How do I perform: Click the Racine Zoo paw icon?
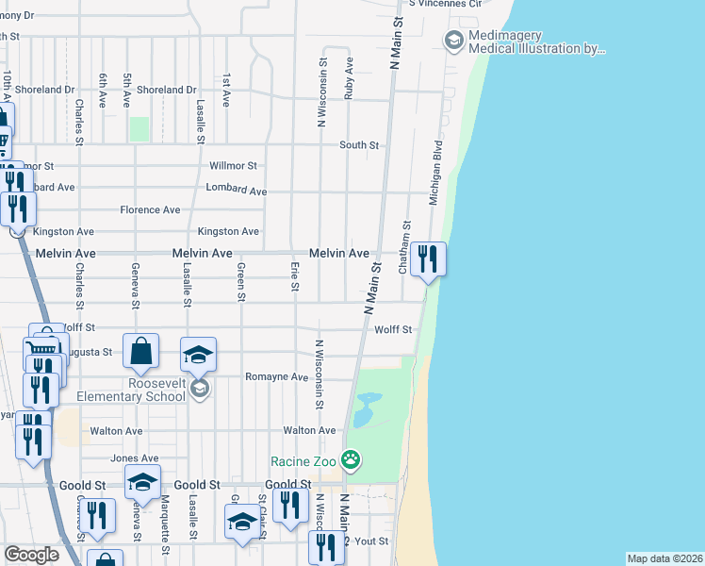tap(350, 461)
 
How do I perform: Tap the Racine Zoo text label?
tap(303, 461)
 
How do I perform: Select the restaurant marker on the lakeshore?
tap(428, 258)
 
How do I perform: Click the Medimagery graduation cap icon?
tap(453, 40)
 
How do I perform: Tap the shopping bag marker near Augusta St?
tap(140, 354)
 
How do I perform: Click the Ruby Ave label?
tap(350, 77)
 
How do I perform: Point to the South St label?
tap(359, 145)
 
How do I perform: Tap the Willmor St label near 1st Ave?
tap(233, 165)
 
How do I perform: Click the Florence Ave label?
tap(150, 209)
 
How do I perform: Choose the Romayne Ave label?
tap(276, 376)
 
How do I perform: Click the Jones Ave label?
tap(135, 458)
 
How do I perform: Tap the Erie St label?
tap(295, 277)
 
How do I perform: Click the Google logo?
tap(31, 555)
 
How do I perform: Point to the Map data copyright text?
tap(664, 558)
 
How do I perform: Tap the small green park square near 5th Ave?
tap(139, 128)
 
